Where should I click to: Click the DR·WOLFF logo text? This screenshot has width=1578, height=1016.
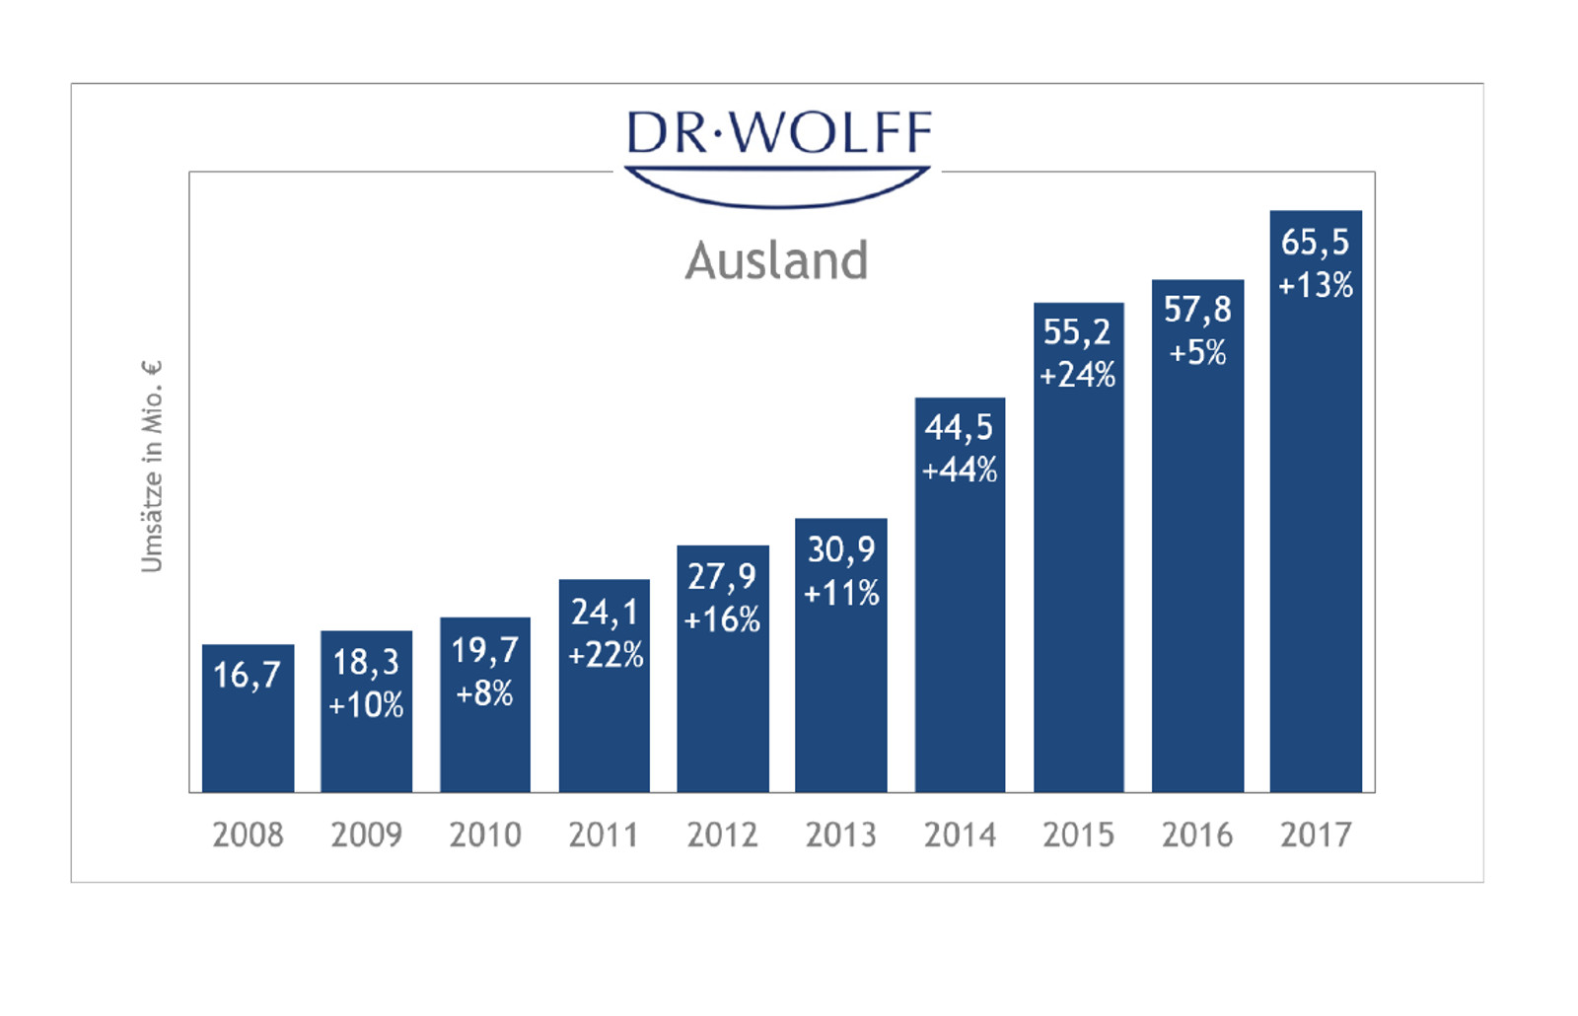pyautogui.click(x=778, y=132)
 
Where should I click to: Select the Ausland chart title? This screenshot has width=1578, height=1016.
pyautogui.click(x=777, y=260)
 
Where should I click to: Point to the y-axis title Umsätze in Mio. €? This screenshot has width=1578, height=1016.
pyautogui.click(x=151, y=467)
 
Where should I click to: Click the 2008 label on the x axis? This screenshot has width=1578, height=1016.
pyautogui.click(x=248, y=835)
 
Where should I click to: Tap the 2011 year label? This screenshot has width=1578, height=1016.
pyautogui.click(x=604, y=835)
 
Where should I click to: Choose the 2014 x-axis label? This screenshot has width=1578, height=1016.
pyautogui.click(x=960, y=835)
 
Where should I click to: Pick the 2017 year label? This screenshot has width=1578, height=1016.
pyautogui.click(x=1316, y=835)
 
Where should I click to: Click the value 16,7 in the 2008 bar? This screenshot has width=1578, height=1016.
pyautogui.click(x=248, y=675)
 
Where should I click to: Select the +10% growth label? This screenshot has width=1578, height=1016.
pyautogui.click(x=366, y=705)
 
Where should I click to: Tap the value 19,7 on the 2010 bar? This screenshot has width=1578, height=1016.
pyautogui.click(x=484, y=650)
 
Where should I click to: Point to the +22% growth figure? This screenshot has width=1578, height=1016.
pyautogui.click(x=605, y=655)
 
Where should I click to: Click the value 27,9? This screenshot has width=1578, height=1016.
pyautogui.click(x=722, y=576)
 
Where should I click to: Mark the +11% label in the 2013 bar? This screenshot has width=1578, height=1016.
pyautogui.click(x=841, y=593)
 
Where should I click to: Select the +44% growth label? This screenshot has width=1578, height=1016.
pyautogui.click(x=960, y=471)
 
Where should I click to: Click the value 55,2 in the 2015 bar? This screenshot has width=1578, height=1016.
pyautogui.click(x=1077, y=331)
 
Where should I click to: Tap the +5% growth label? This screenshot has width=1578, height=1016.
pyautogui.click(x=1197, y=352)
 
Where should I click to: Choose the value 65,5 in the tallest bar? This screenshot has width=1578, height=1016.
pyautogui.click(x=1315, y=242)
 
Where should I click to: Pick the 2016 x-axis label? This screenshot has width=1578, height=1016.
pyautogui.click(x=1197, y=835)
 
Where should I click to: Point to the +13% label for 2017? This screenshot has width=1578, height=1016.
pyautogui.click(x=1316, y=286)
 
